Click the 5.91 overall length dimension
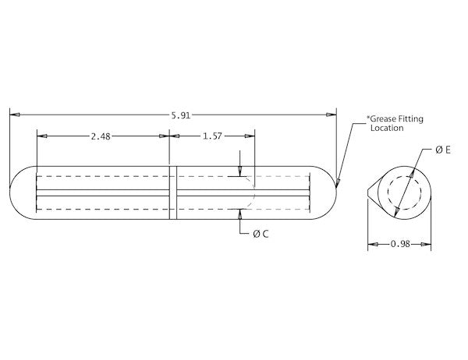tap(181, 115)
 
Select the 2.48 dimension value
tap(101, 136)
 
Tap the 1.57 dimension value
tap(212, 136)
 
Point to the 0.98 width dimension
tap(400, 244)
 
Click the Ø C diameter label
tap(261, 234)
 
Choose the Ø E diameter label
tap(443, 150)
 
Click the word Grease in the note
tap(383, 118)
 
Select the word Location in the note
tap(387, 128)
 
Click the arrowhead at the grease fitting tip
tap(338, 183)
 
